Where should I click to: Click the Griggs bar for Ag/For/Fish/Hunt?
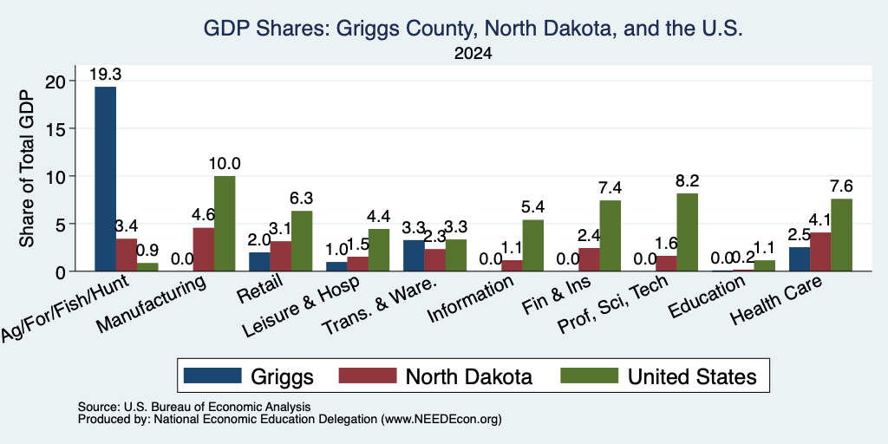105,179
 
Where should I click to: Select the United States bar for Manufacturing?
225,224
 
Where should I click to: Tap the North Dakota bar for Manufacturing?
203,249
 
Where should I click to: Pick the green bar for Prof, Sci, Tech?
687,232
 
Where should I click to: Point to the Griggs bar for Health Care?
799,258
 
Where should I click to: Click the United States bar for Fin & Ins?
610,236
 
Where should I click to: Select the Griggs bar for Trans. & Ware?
414,256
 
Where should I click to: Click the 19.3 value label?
105,75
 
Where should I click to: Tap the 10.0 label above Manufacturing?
225,164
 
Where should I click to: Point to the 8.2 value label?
687,180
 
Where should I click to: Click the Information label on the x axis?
471,298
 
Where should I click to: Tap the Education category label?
707,297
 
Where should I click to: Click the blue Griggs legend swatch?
212,375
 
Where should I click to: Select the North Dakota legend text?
469,376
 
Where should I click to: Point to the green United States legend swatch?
589,375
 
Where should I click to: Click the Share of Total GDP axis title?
27,168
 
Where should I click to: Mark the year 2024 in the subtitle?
473,54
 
